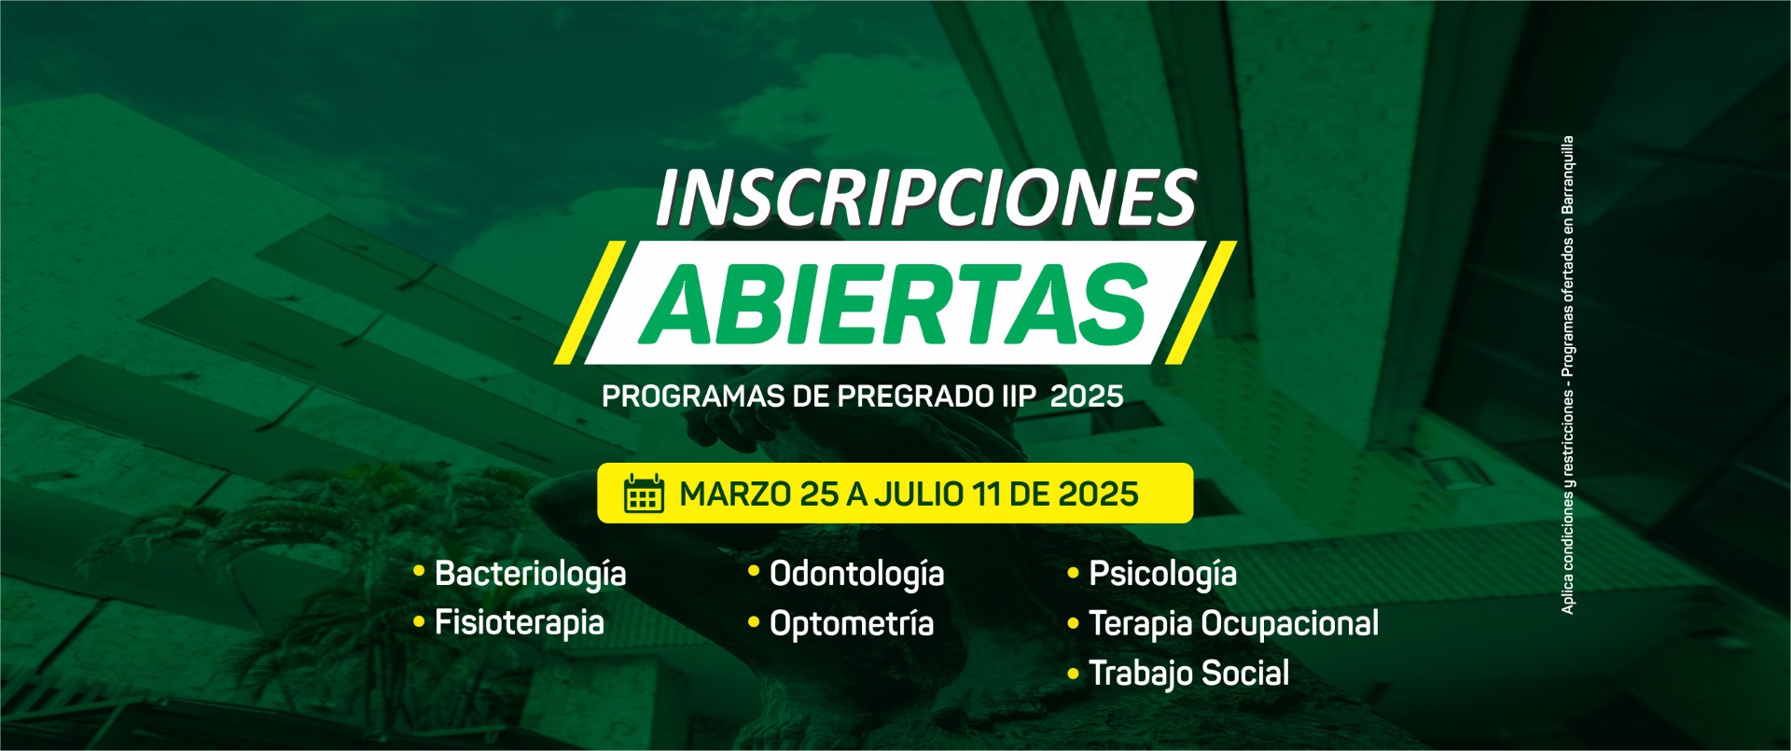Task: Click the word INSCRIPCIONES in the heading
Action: click(x=926, y=198)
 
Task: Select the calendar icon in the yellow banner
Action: click(x=644, y=494)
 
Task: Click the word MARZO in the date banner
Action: click(x=735, y=494)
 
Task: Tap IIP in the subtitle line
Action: click(x=1012, y=396)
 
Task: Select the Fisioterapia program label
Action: click(x=520, y=623)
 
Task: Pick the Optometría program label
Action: click(x=852, y=623)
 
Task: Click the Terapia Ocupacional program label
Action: click(x=1234, y=623)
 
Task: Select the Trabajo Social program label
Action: click(x=1189, y=673)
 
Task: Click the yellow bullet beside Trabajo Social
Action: click(x=1073, y=672)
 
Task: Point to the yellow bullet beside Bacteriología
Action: click(x=419, y=569)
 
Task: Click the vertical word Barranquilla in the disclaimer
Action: click(x=1568, y=177)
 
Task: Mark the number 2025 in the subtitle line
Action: click(x=1087, y=396)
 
